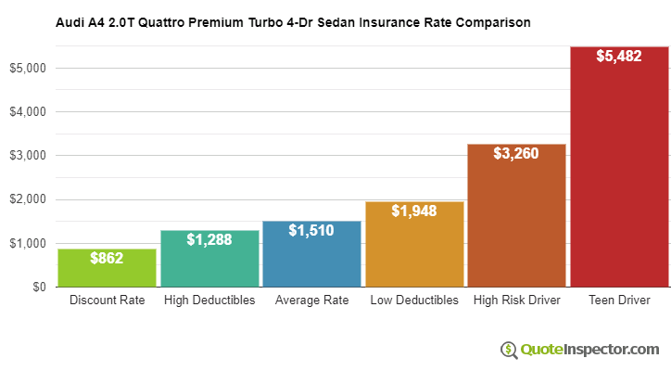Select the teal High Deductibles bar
pos(209,264)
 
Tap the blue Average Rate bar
pos(311,260)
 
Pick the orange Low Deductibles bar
pos(414,250)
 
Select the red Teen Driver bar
pos(619,176)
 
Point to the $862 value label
pos(107,259)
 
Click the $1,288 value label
pos(209,239)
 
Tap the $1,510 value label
pos(311,230)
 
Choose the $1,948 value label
pos(414,211)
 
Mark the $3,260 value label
pos(516,153)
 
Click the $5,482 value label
pos(619,56)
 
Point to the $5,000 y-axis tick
pos(28,68)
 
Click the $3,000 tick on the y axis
pos(28,156)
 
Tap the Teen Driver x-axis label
pos(619,301)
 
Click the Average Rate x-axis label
pos(311,301)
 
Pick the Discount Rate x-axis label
pos(107,301)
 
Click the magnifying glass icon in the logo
pos(509,350)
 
